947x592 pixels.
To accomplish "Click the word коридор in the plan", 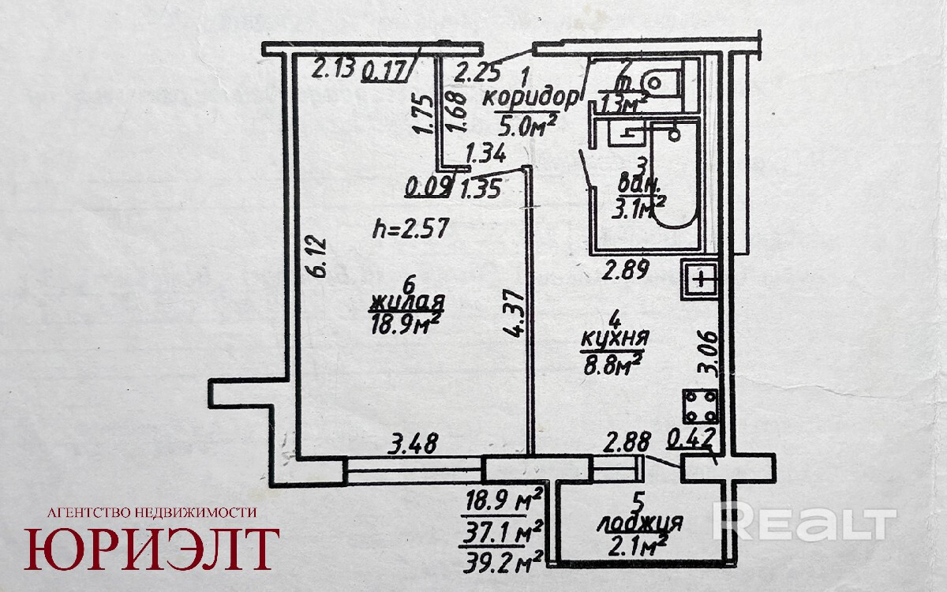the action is click(x=530, y=99).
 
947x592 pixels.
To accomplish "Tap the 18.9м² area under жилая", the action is click(x=407, y=324).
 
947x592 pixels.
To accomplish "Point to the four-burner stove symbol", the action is click(x=700, y=406).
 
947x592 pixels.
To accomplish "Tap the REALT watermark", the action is click(x=804, y=522).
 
